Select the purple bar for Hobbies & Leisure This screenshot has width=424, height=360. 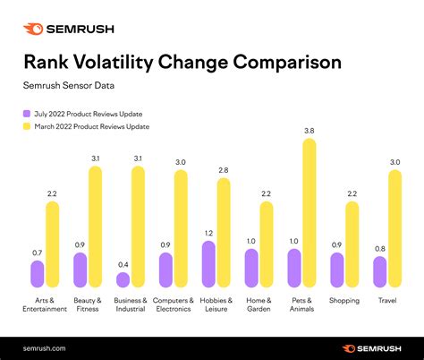click(208, 264)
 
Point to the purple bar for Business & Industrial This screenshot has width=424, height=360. click(123, 279)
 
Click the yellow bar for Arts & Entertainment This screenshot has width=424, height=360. click(52, 244)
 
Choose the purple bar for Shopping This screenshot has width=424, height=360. click(336, 270)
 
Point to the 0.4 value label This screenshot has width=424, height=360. click(123, 265)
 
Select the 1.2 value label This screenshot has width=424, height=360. click(208, 234)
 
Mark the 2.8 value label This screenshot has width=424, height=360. click(224, 170)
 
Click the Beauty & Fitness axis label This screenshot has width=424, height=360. click(88, 304)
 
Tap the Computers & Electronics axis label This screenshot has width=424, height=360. click(173, 304)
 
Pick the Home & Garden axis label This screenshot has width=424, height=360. click(259, 304)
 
